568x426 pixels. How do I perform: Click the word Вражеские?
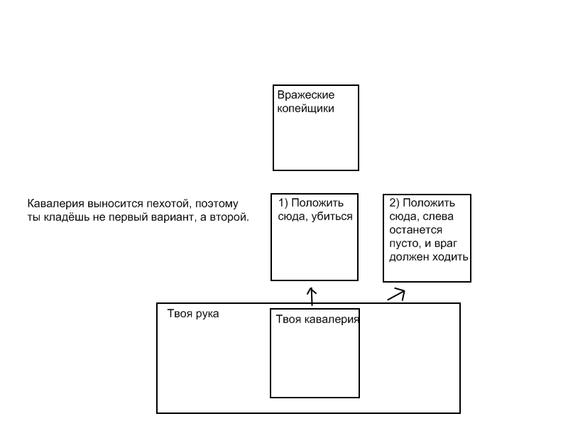(x=306, y=95)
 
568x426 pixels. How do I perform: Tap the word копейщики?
(x=305, y=109)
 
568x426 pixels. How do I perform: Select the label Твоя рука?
(x=192, y=314)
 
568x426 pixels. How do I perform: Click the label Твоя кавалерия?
(x=317, y=319)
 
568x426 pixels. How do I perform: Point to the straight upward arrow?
(x=312, y=297)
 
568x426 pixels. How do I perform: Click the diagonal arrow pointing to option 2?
(x=396, y=295)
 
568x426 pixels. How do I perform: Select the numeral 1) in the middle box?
(x=283, y=203)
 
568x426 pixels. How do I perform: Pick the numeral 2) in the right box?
(x=395, y=203)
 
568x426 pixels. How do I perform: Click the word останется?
(x=415, y=230)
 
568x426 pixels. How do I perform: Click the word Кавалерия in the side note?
(x=56, y=204)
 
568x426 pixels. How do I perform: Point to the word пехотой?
(x=169, y=204)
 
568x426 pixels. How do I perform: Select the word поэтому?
(x=217, y=204)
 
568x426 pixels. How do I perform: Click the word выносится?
(x=116, y=204)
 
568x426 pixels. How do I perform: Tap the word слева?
(x=439, y=217)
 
